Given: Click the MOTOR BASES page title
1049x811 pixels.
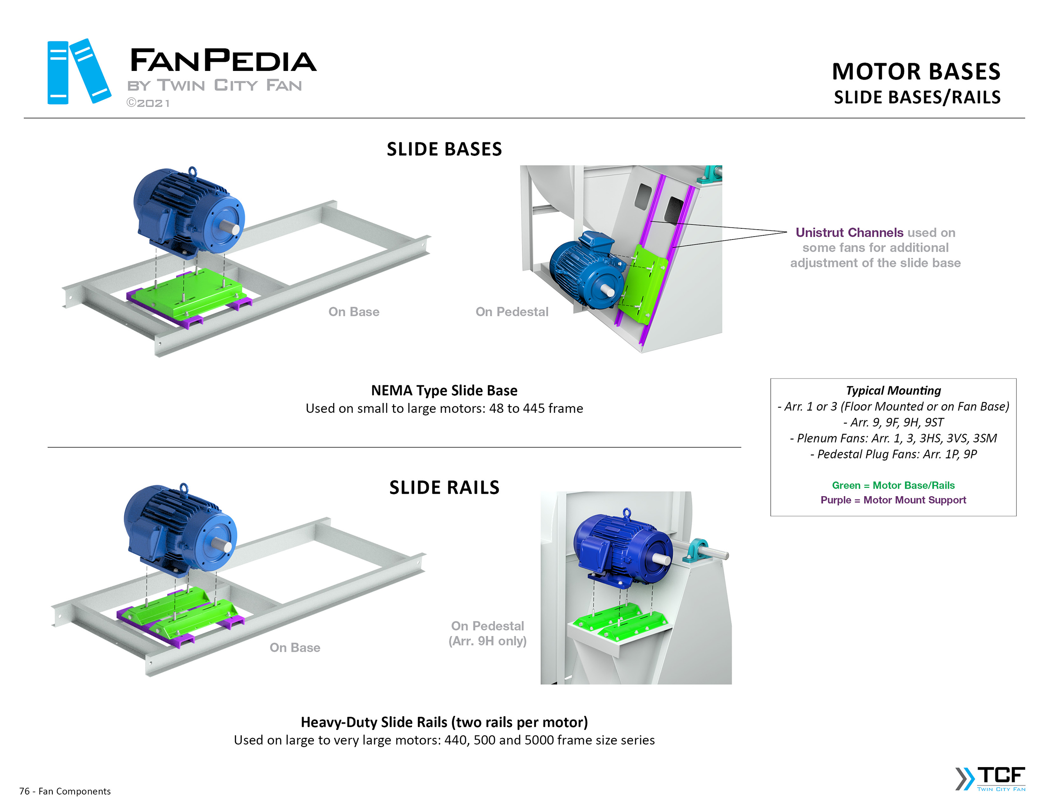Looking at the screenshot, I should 915,72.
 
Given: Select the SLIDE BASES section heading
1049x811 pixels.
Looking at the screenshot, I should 444,149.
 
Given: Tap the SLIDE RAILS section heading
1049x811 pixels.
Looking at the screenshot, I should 444,488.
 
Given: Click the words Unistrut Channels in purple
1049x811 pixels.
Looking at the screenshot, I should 849,232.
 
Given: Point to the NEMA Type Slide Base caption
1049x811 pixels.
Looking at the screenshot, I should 444,390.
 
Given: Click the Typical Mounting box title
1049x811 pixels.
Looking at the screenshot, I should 893,390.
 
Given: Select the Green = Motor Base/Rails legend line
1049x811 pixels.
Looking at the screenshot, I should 893,485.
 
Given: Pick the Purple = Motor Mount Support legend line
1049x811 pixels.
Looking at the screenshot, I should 893,500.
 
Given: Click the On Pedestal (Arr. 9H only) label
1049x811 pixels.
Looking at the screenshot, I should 487,633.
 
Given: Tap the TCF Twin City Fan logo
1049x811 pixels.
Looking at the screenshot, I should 991,778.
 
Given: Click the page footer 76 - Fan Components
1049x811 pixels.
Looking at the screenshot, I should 65,791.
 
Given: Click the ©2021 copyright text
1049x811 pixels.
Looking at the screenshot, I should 148,103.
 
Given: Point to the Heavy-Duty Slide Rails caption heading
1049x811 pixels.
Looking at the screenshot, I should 444,722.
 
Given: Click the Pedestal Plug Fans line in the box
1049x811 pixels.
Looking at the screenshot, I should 893,454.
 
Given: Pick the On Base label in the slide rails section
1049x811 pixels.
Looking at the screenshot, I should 295,647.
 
